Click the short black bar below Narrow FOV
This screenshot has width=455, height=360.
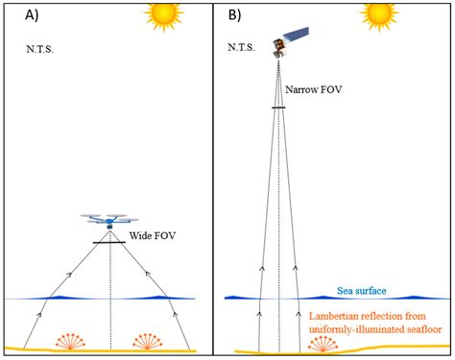coord(278,107)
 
